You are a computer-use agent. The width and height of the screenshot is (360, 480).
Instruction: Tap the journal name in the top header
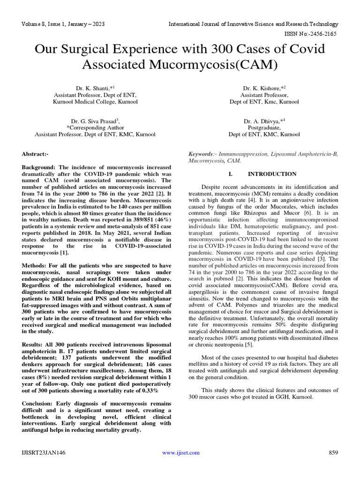253,23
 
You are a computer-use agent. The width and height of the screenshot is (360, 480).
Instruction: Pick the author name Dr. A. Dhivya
263,120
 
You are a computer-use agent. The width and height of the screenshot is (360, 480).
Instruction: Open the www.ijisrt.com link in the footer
180,453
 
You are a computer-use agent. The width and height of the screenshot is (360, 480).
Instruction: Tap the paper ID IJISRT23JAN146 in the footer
44,453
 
